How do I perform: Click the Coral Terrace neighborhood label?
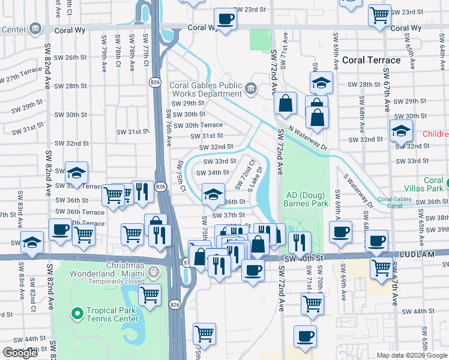371,60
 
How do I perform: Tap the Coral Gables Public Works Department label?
205,89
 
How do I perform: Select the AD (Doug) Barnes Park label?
307,199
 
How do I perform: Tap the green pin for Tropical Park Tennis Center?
77,313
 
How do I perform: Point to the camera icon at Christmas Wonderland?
155,272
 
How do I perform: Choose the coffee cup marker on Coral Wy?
226,19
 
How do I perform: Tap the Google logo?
20,353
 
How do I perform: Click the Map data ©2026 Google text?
412,355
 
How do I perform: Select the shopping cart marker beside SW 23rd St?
380,14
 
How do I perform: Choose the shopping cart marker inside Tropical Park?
149,294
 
